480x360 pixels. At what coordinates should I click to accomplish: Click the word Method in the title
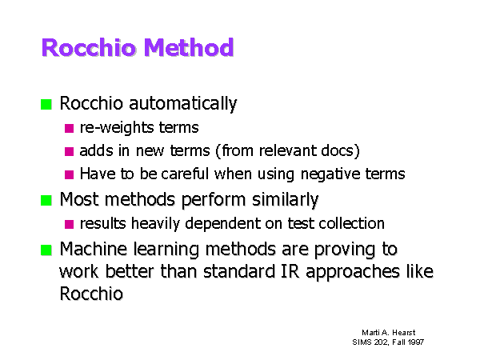click(x=189, y=47)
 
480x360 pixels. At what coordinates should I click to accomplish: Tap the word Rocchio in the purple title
click(x=89, y=47)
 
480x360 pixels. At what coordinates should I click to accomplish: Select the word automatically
click(x=183, y=104)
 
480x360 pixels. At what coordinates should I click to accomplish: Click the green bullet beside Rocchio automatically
click(x=46, y=104)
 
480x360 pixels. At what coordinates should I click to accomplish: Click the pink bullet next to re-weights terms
click(x=69, y=128)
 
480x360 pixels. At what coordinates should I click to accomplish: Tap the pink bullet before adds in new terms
click(x=69, y=151)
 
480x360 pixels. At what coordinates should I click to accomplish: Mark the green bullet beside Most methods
click(x=46, y=201)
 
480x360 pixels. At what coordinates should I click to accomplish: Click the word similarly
click(x=286, y=200)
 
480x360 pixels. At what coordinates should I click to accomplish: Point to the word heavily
click(x=155, y=224)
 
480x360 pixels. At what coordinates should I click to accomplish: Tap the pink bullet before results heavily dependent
click(x=69, y=224)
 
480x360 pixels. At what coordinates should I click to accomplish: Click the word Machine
click(x=94, y=249)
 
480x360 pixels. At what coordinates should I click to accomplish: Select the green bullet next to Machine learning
click(x=46, y=250)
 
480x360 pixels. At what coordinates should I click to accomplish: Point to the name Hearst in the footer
click(x=404, y=333)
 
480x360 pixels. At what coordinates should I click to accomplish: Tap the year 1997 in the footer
click(x=416, y=342)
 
